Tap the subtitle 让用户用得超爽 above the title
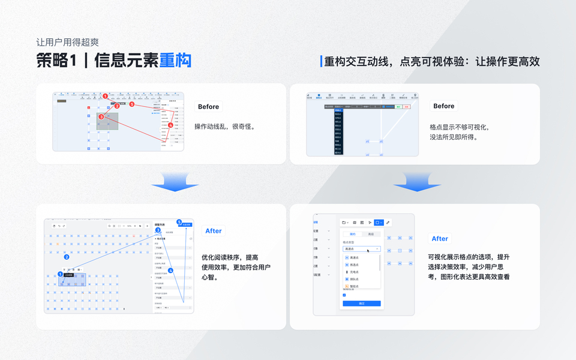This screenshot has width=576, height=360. [x=67, y=43]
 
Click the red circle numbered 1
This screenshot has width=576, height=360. [x=105, y=96]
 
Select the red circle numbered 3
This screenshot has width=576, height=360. [x=101, y=116]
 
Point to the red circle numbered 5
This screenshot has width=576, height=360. [x=131, y=104]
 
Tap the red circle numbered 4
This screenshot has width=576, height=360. [x=170, y=125]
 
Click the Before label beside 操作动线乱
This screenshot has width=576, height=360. [x=208, y=107]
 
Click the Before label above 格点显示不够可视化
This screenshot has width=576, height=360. [x=443, y=106]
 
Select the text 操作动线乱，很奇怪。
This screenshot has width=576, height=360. [x=225, y=127]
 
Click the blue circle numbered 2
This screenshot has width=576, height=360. [x=66, y=257]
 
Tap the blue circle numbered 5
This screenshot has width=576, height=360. [x=179, y=222]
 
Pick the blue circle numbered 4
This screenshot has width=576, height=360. [x=170, y=271]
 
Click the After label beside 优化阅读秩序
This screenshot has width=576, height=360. [x=213, y=231]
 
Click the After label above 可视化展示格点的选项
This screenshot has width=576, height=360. [x=440, y=239]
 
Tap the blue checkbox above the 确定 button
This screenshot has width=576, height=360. [x=344, y=295]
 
